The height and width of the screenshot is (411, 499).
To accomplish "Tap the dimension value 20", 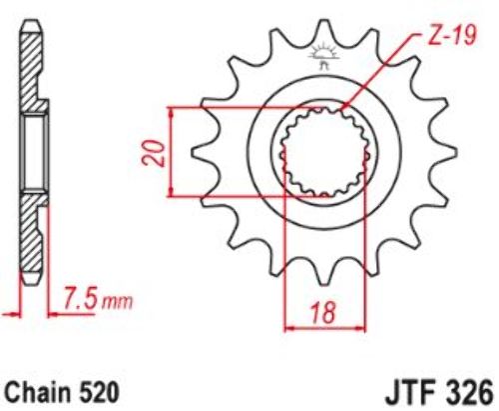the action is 155,153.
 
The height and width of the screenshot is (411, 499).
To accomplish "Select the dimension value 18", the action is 323,313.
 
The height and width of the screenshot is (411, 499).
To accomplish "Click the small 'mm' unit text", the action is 117,302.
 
